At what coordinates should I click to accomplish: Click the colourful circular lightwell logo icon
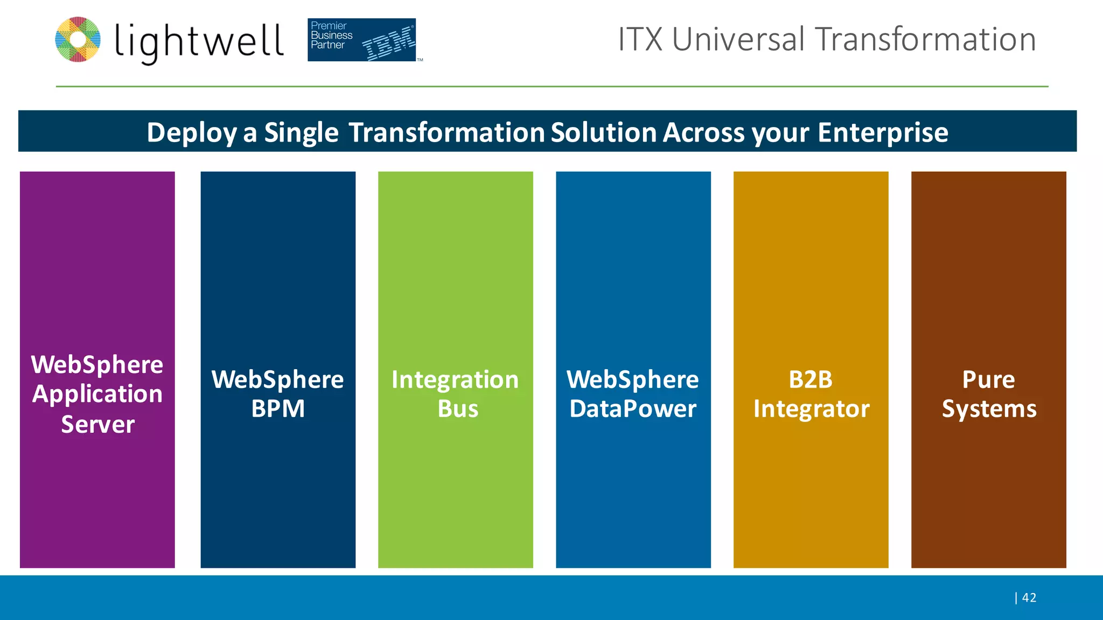pyautogui.click(x=78, y=39)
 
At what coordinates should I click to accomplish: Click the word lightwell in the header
pyautogui.click(x=199, y=42)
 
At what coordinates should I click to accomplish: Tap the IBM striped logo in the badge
pyautogui.click(x=388, y=43)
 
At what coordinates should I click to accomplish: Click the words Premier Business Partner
pyautogui.click(x=331, y=36)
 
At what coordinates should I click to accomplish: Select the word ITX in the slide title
pyautogui.click(x=640, y=39)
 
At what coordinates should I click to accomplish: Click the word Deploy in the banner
pyautogui.click(x=192, y=132)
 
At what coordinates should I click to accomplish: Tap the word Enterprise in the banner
pyautogui.click(x=883, y=132)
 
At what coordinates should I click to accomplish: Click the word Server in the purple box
pyautogui.click(x=97, y=425)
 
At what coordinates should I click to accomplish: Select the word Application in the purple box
pyautogui.click(x=97, y=394)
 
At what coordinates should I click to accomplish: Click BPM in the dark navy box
pyautogui.click(x=278, y=409)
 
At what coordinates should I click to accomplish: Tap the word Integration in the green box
pyautogui.click(x=455, y=380)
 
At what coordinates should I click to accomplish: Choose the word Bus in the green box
pyautogui.click(x=458, y=409)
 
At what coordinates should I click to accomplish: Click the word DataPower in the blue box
pyautogui.click(x=633, y=409)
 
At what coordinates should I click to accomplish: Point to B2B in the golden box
pyautogui.click(x=811, y=380)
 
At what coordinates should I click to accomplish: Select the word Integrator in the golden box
pyautogui.click(x=811, y=409)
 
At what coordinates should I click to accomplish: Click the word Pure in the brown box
pyautogui.click(x=988, y=380)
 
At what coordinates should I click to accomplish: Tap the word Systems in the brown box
pyautogui.click(x=989, y=409)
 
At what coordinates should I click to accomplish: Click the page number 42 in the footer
pyautogui.click(x=1029, y=597)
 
